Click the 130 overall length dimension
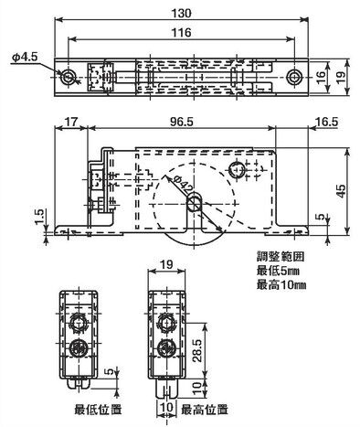tap(181, 13)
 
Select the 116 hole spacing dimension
tap(181, 32)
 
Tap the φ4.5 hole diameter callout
tap(25, 57)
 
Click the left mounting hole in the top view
tap(68, 77)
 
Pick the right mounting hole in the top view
tap(294, 77)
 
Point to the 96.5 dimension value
tap(182, 122)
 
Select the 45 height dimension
tap(342, 191)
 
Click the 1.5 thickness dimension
tap(40, 217)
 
